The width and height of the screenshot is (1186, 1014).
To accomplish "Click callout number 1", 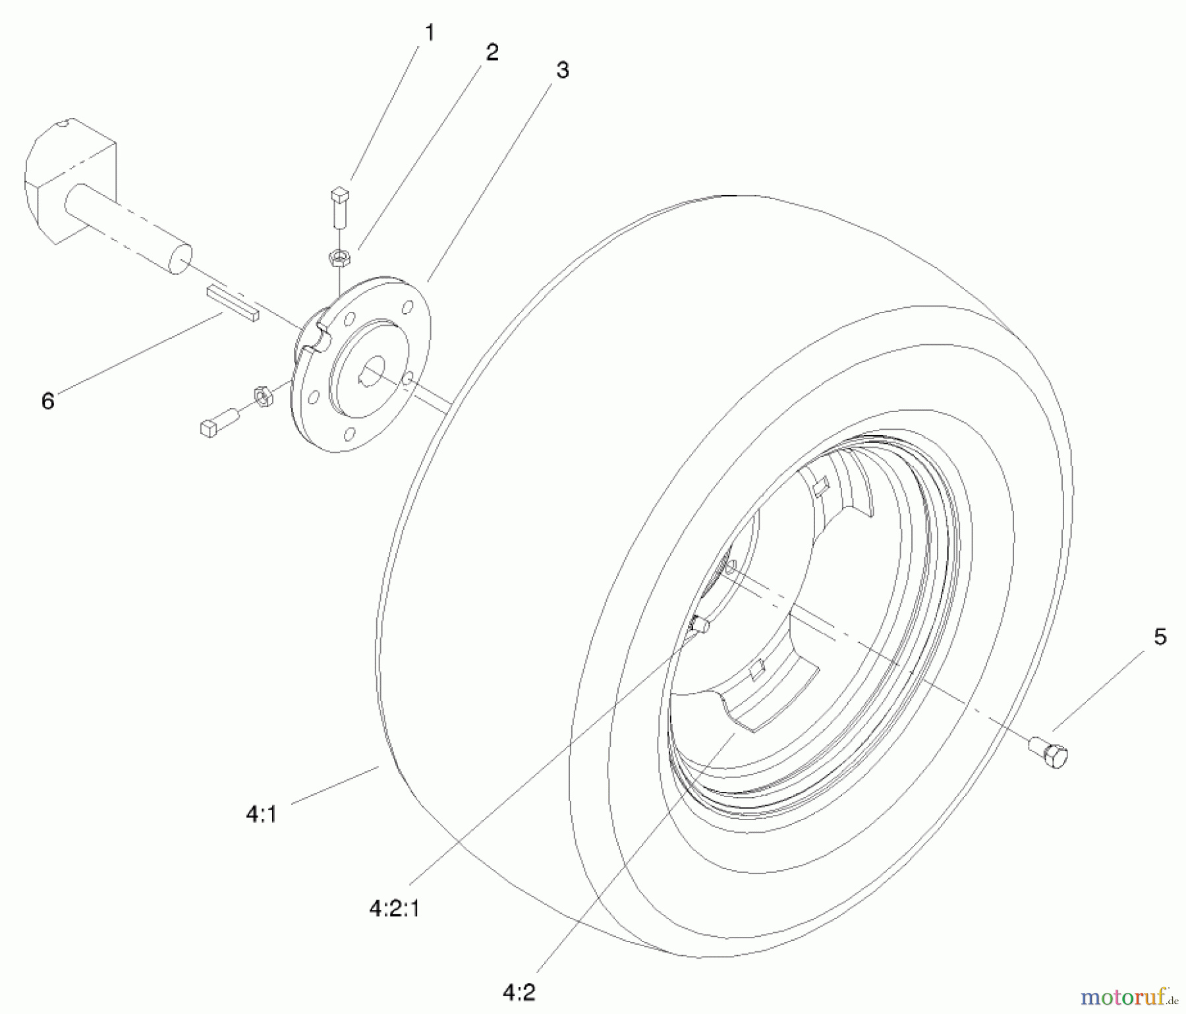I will (x=430, y=32).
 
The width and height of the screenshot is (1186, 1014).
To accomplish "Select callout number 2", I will (x=492, y=52).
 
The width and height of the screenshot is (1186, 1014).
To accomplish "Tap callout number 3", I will (x=561, y=70).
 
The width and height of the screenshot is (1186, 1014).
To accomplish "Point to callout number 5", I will (x=1160, y=637).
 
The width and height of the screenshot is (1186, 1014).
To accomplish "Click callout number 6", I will (x=47, y=400).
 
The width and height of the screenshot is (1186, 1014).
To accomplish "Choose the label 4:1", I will (x=262, y=815).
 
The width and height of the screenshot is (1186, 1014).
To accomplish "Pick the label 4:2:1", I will (x=394, y=909).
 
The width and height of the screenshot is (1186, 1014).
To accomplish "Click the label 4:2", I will (x=519, y=993).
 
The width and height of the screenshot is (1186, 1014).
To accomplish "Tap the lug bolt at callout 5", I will (x=1050, y=752).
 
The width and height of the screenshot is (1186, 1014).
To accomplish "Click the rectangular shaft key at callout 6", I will (x=233, y=303).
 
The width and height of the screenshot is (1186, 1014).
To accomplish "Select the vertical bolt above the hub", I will (x=339, y=208).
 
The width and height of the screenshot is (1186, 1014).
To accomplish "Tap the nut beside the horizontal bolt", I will (x=263, y=396).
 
